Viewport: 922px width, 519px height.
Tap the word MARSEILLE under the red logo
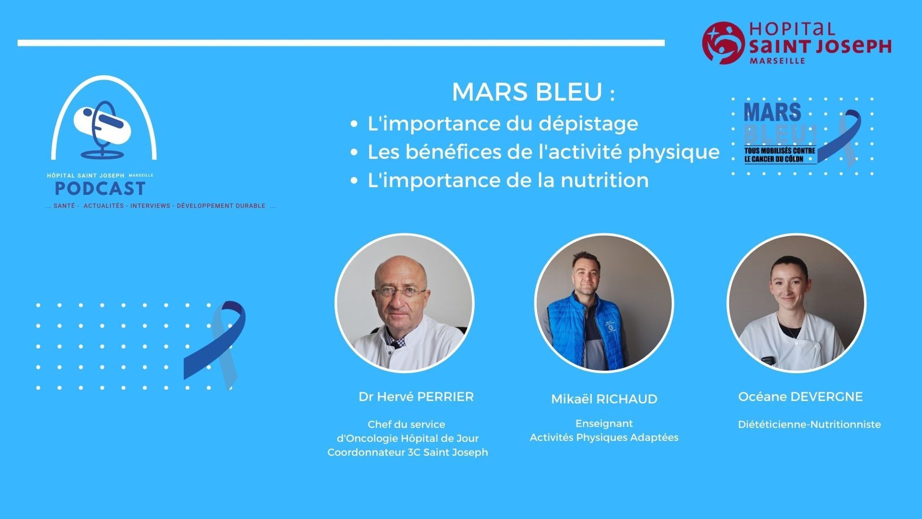click(x=777, y=60)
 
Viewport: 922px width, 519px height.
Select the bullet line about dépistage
click(x=502, y=124)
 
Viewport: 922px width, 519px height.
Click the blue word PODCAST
click(x=100, y=189)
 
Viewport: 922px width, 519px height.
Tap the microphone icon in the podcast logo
click(x=104, y=129)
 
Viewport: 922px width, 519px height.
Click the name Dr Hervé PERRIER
click(x=416, y=397)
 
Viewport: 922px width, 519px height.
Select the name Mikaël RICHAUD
click(x=604, y=399)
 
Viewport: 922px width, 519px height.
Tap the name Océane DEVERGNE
click(x=800, y=397)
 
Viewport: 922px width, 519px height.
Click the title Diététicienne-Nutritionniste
click(x=809, y=424)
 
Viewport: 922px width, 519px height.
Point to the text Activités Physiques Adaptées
click(x=604, y=437)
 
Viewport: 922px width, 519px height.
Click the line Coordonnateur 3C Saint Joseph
click(x=408, y=453)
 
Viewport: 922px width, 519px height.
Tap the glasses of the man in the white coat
click(x=400, y=292)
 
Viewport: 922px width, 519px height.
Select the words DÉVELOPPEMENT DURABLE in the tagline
click(x=221, y=206)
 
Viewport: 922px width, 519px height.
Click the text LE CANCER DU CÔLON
click(x=774, y=159)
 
